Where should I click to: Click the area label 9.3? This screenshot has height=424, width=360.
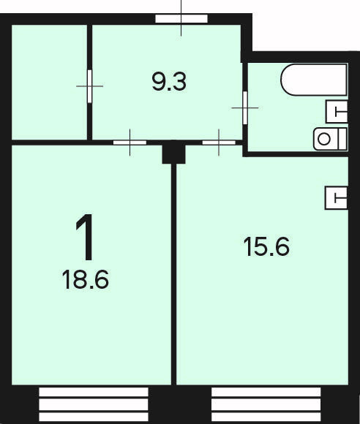[x=169, y=82]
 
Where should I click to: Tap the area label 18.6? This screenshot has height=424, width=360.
[x=86, y=279]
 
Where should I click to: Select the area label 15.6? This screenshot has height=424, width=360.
[x=266, y=246]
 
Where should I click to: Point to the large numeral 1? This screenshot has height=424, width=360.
[x=85, y=237]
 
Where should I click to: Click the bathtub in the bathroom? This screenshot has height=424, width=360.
[x=314, y=80]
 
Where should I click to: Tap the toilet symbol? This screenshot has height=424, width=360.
[x=330, y=139]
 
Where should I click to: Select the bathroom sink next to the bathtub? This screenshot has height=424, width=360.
[x=337, y=111]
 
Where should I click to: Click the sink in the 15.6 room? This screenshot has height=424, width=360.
[x=336, y=197]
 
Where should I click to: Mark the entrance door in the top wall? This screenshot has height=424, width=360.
[x=181, y=19]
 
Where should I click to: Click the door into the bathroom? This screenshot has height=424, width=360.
[x=245, y=107]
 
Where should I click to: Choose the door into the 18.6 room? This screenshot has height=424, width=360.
[x=130, y=143]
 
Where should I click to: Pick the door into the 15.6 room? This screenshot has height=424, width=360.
[x=219, y=143]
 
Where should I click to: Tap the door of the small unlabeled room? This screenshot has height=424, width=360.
[x=89, y=86]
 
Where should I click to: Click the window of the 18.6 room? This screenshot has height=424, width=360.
[x=94, y=404]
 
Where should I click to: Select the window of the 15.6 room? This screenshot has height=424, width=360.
[x=266, y=404]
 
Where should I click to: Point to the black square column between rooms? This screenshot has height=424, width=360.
[x=173, y=152]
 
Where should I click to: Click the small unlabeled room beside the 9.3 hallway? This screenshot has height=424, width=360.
[x=49, y=82]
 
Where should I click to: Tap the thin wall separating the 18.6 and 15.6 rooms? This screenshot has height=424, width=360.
[x=173, y=274]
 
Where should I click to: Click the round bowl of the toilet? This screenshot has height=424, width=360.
[x=323, y=139]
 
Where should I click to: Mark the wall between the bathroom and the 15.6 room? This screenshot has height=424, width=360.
[x=296, y=154]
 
